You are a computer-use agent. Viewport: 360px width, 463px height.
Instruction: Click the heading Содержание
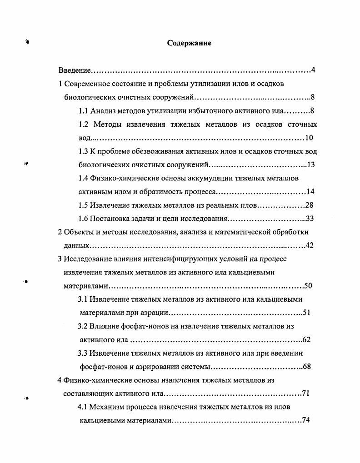[189, 43]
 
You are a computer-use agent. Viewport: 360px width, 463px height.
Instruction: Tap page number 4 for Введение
[313, 70]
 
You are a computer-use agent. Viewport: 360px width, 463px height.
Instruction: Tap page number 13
[311, 164]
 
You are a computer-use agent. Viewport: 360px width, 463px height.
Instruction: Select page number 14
[311, 191]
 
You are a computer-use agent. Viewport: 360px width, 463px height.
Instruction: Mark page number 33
[310, 219]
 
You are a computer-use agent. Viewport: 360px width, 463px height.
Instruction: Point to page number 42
[310, 245]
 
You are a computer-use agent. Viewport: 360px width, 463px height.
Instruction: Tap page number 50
[308, 286]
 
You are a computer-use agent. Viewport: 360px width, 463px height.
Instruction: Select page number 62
[306, 339]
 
